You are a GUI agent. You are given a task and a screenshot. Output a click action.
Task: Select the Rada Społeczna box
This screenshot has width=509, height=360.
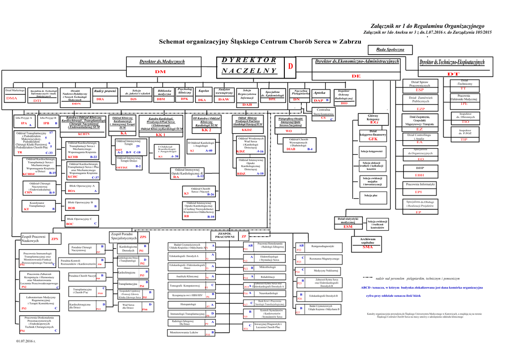pos(393,50)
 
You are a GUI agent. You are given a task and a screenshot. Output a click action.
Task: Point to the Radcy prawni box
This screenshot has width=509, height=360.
pos(105,91)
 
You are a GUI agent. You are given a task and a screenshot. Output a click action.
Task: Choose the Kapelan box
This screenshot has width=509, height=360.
pos(203,91)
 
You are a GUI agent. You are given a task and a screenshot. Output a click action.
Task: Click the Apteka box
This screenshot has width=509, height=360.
pos(320,93)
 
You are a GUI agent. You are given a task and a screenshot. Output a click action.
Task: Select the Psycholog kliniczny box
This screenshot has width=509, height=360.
pos(184,91)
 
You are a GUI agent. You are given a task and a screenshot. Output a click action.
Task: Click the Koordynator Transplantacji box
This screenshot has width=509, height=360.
pos(37,205)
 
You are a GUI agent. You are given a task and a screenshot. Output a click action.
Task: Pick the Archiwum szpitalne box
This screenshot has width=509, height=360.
pos(368,241)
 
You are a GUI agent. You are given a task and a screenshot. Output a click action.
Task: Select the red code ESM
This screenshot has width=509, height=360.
pos(348,227)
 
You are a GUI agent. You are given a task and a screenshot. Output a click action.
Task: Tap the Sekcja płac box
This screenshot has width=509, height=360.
pos(371,195)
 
